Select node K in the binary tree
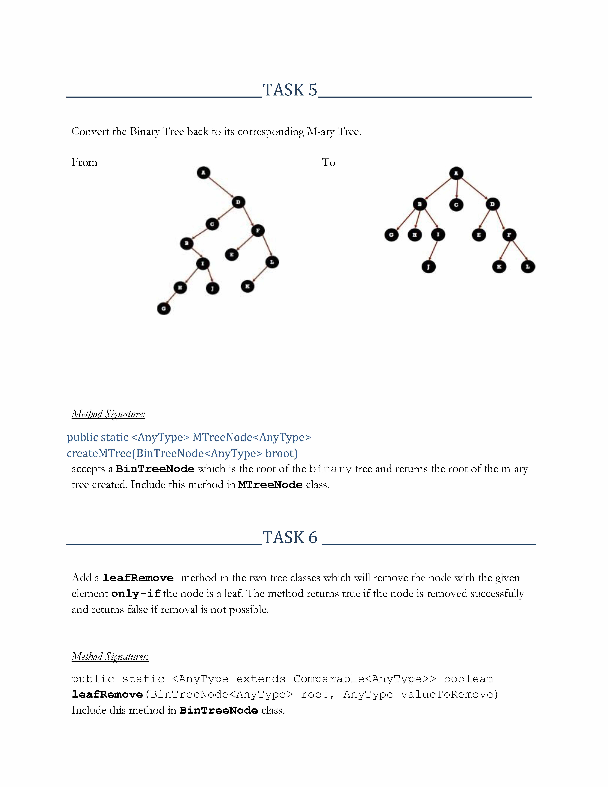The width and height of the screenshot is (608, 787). click(x=247, y=286)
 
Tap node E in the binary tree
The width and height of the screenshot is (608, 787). click(x=232, y=255)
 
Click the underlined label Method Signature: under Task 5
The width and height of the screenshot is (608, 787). click(x=108, y=414)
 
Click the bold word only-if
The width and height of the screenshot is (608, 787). click(x=136, y=593)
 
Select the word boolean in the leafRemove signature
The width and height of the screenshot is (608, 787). click(x=468, y=679)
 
